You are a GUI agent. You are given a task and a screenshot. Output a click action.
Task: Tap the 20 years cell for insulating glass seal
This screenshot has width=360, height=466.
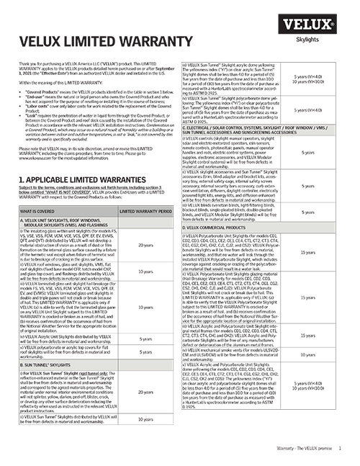(146, 245)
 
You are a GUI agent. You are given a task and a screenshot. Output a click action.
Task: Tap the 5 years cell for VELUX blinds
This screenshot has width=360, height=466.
(307, 212)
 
